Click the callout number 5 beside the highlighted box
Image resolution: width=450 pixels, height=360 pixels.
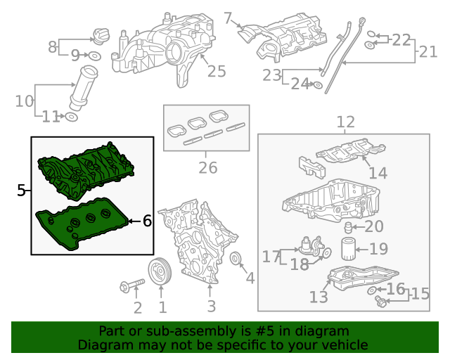click(x=21, y=190)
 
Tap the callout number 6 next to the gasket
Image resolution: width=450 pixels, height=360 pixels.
click(x=147, y=221)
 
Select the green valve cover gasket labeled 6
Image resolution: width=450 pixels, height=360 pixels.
click(x=82, y=224)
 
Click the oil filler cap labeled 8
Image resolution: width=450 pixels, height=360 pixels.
click(x=100, y=36)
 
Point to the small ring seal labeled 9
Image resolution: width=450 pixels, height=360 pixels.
click(x=95, y=56)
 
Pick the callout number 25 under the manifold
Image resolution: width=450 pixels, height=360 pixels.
click(x=217, y=71)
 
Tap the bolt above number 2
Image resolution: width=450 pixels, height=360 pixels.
click(x=132, y=286)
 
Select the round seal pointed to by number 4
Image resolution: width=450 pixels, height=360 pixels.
click(x=236, y=258)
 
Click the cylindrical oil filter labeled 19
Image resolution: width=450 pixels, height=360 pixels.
click(x=349, y=249)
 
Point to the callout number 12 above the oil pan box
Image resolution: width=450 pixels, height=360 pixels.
click(x=345, y=122)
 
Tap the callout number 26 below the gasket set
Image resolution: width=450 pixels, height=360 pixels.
click(x=208, y=167)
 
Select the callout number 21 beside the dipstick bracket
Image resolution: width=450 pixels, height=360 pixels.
click(x=428, y=52)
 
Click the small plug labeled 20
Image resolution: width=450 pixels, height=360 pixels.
click(x=348, y=227)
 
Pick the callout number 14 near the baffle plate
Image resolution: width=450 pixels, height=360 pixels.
click(x=378, y=173)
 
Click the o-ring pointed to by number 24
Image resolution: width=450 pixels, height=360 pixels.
click(x=318, y=85)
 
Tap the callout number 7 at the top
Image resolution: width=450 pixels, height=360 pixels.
click(x=228, y=18)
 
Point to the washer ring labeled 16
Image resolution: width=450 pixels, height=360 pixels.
click(x=371, y=290)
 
